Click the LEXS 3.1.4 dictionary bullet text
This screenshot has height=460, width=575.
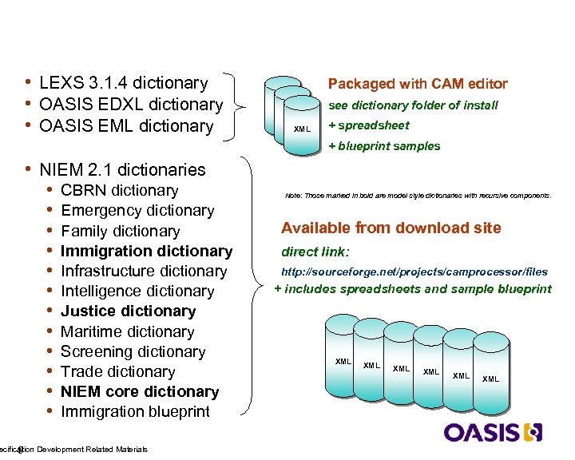click(x=123, y=83)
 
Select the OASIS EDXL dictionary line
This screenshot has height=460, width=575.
click(x=131, y=105)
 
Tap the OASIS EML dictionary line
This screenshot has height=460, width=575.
click(x=126, y=126)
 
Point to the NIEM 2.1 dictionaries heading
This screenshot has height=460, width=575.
click(x=122, y=169)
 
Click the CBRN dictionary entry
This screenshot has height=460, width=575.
click(x=119, y=191)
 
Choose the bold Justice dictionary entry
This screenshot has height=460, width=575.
click(x=128, y=311)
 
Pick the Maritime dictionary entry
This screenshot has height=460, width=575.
click(x=127, y=331)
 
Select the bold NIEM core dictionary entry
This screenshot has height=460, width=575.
click(x=139, y=392)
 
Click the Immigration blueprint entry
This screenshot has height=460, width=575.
click(x=135, y=412)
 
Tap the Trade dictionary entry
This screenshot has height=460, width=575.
click(x=118, y=372)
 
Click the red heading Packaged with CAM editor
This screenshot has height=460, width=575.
click(x=418, y=84)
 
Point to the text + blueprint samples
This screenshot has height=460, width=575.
click(x=384, y=146)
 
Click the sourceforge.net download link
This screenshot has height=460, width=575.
click(x=414, y=272)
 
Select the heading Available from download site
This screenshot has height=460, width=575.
click(x=391, y=228)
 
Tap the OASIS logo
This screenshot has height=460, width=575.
click(x=493, y=432)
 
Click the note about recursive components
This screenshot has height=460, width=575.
click(x=418, y=196)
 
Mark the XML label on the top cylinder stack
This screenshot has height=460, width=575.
click(x=302, y=129)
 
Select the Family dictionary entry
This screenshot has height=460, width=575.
click(x=120, y=232)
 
